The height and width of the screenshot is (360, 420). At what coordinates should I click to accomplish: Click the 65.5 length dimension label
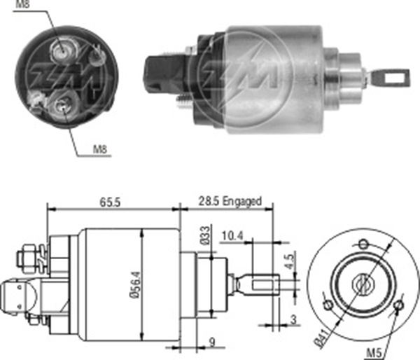[110, 202]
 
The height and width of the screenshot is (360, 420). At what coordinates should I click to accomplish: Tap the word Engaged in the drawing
[242, 201]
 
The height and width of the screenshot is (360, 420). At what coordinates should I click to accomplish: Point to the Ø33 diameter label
[205, 235]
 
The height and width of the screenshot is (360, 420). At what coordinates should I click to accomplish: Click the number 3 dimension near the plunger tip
[293, 320]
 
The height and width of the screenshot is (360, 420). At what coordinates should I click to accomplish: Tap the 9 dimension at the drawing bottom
[212, 342]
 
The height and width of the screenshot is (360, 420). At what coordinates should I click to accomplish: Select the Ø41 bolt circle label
[321, 338]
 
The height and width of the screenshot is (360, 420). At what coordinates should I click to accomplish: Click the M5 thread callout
[373, 353]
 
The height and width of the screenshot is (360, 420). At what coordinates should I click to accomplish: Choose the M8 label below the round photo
[100, 149]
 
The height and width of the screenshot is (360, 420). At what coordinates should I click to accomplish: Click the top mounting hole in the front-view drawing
[363, 244]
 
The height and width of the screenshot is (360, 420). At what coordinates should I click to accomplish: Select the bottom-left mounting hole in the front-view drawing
[328, 305]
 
